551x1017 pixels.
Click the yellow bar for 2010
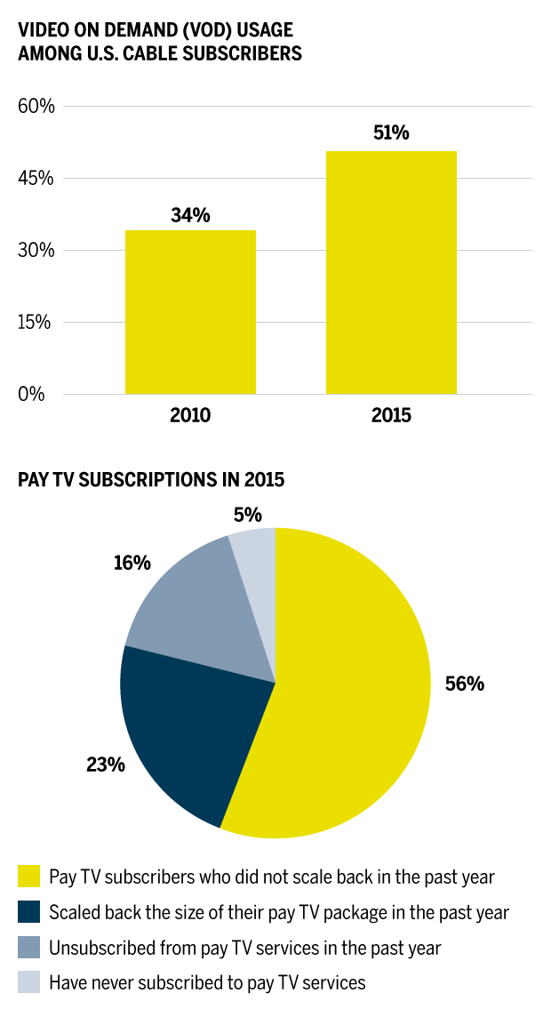[x=190, y=312]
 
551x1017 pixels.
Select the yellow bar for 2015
[x=391, y=272]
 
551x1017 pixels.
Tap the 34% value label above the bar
[x=190, y=215]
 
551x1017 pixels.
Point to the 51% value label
[x=391, y=133]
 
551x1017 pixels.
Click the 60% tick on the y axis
[x=36, y=107]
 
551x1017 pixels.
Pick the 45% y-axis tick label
[x=36, y=179]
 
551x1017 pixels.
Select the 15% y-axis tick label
[x=36, y=322]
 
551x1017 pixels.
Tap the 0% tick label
[x=31, y=394]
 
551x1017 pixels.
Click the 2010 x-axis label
[x=190, y=415]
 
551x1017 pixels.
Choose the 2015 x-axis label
[x=391, y=415]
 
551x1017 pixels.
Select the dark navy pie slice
[x=187, y=729]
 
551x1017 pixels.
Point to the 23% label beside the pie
[x=105, y=764]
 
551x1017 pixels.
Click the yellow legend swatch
[x=28, y=877]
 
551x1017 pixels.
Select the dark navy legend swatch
[x=28, y=912]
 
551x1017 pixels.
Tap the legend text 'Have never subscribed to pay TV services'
[x=207, y=983]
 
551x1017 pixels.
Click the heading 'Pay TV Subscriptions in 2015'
[x=151, y=480]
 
